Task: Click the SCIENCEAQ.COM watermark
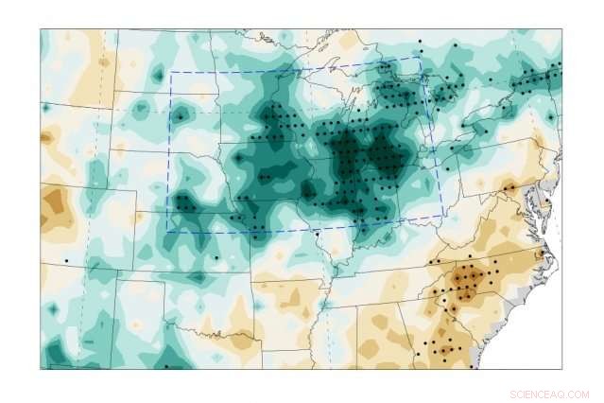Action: (x=549, y=394)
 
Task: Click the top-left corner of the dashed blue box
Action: (x=170, y=72)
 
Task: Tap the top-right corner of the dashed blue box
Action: (x=420, y=58)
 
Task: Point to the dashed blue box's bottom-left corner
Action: (x=168, y=231)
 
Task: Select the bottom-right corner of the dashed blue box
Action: (x=444, y=216)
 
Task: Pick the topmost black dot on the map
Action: (x=420, y=41)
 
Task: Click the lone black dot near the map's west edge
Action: (x=66, y=260)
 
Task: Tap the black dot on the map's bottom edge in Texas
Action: (x=166, y=366)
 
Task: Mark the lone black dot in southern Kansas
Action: (x=216, y=257)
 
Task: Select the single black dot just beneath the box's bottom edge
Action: (x=318, y=234)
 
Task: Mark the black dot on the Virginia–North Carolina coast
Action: (x=540, y=254)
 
